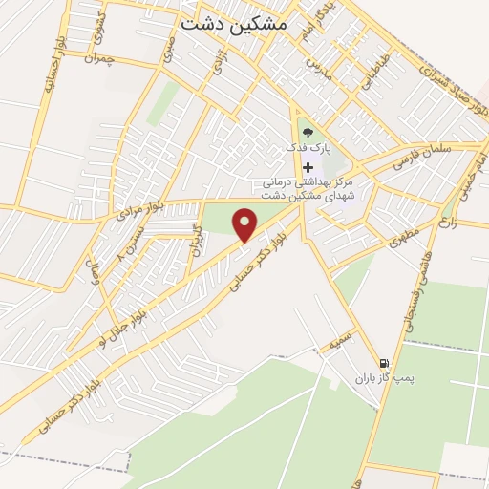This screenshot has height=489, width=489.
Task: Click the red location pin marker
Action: click(x=246, y=225)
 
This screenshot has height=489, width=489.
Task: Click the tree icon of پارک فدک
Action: click(x=308, y=133)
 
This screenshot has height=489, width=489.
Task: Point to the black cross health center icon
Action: click(x=308, y=166)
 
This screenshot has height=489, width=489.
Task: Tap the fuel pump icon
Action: click(x=384, y=363)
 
